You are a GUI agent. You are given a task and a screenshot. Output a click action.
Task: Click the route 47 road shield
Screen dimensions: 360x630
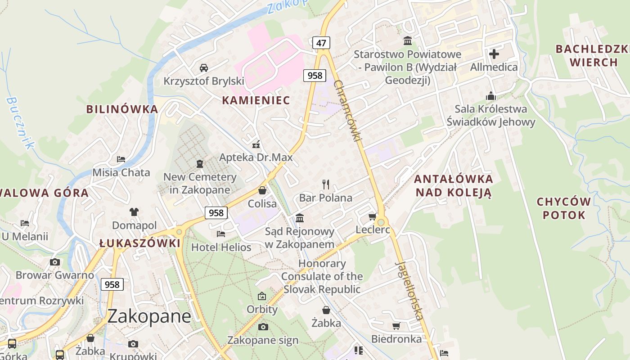pos(321,43)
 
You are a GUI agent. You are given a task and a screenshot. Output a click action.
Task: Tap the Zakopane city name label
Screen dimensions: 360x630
pos(149,316)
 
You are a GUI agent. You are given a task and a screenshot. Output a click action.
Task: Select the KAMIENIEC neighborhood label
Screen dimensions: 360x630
pos(256,100)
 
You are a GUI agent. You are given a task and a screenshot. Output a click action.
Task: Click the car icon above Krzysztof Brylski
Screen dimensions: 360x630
pos(203,68)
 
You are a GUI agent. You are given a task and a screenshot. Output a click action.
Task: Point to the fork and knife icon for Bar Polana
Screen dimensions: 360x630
pos(326,184)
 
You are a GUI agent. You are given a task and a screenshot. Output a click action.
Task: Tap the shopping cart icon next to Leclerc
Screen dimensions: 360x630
pos(373,217)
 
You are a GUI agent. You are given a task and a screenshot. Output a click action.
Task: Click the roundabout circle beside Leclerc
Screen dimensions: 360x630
pos(382,222)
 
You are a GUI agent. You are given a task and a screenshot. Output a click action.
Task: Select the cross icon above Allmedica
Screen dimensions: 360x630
pos(494,54)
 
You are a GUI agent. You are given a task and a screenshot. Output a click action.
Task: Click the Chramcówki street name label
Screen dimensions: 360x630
pos(347,111)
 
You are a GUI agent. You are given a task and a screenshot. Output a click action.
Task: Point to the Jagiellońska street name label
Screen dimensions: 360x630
pos(409,291)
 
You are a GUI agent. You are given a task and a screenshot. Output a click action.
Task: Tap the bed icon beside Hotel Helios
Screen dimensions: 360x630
pos(220,234)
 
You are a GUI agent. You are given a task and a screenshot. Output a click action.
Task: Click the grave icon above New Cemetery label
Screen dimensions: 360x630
pos(200,164)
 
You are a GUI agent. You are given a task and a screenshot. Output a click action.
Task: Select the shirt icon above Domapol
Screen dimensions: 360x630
pos(134,211)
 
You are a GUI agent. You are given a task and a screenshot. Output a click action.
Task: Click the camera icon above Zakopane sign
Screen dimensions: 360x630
pos(263,327)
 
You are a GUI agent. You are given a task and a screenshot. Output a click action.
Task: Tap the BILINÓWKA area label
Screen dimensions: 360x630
pos(122,109)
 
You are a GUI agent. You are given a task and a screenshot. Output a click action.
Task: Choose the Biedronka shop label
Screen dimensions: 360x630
pos(396,339)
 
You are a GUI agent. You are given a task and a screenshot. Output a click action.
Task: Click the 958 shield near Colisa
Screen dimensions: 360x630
pos(216,212)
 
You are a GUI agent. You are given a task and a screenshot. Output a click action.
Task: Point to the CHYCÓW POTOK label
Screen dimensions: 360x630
pos(563,208)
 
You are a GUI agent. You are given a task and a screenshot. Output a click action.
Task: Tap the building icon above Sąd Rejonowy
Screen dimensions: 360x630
pos(300,218)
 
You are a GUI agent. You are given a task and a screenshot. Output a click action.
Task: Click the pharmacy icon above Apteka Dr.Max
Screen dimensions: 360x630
pos(256,144)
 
